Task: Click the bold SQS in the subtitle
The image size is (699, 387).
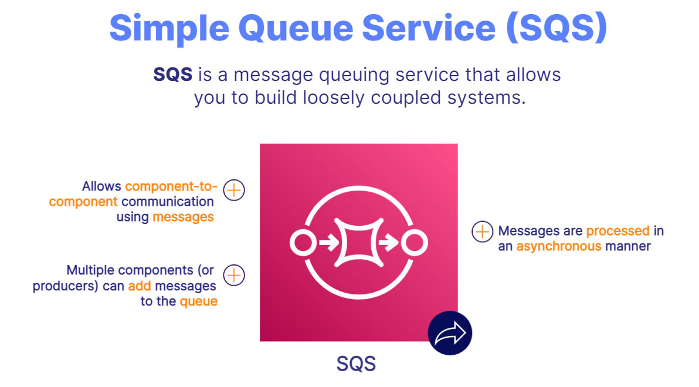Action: click(x=172, y=75)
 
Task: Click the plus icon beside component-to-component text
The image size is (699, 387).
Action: click(x=234, y=190)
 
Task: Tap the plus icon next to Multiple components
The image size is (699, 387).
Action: click(x=234, y=274)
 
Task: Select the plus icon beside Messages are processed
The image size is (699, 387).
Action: click(x=482, y=232)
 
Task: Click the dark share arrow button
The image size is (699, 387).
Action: click(x=450, y=333)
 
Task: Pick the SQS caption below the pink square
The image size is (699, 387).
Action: click(x=356, y=364)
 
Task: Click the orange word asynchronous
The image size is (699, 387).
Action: click(x=559, y=246)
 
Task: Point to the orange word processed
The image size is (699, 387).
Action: click(x=617, y=231)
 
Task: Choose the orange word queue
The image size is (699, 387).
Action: click(x=198, y=302)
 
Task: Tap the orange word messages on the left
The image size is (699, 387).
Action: click(x=183, y=217)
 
